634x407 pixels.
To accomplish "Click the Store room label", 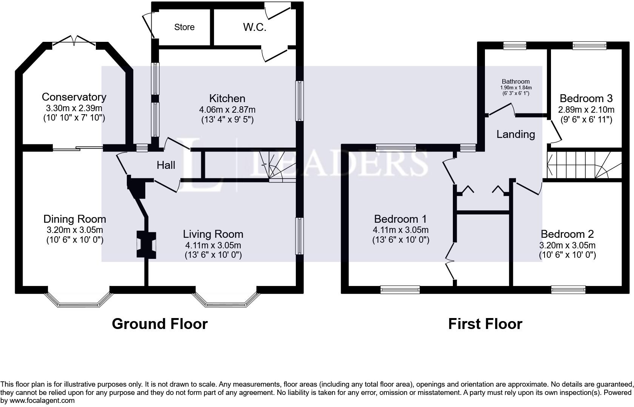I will pyautogui.click(x=184, y=27).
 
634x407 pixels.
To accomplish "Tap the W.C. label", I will pyautogui.click(x=255, y=27).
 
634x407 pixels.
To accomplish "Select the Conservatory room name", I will pyautogui.click(x=74, y=97).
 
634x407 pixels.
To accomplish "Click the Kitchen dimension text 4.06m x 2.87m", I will pyautogui.click(x=227, y=110).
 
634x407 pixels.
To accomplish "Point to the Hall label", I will pyautogui.click(x=166, y=165).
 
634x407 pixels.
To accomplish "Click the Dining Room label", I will pyautogui.click(x=75, y=219).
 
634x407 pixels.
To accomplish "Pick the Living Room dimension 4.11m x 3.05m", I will pyautogui.click(x=213, y=245).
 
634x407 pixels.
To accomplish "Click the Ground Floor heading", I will pyautogui.click(x=160, y=324).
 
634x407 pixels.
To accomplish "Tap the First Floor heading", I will pyautogui.click(x=485, y=324).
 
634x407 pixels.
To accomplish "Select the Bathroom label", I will pyautogui.click(x=516, y=81).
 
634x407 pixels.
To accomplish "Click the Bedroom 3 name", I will pyautogui.click(x=586, y=98).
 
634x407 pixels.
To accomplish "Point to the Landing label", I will pyautogui.click(x=516, y=134).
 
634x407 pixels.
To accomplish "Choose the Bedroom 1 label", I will pyautogui.click(x=400, y=219).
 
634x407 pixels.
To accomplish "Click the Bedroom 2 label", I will pyautogui.click(x=567, y=234).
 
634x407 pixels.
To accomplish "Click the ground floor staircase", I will pyautogui.click(x=277, y=166).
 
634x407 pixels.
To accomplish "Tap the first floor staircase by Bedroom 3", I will pyautogui.click(x=583, y=165).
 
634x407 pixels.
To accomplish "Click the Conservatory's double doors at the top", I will pyautogui.click(x=74, y=40).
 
